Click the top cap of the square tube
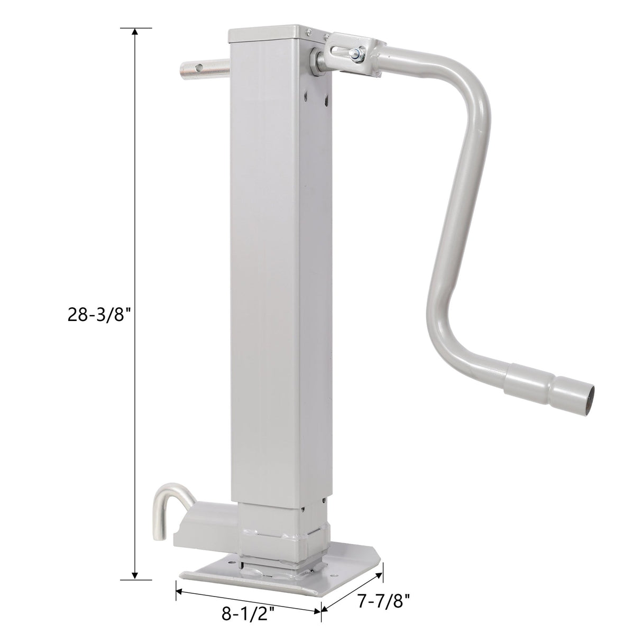click(x=267, y=33)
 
